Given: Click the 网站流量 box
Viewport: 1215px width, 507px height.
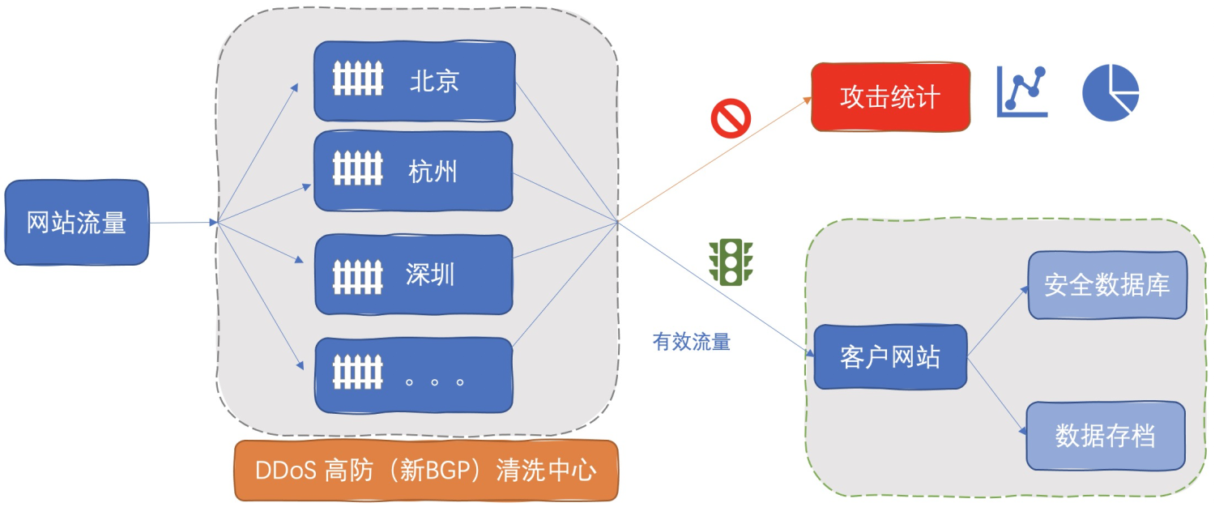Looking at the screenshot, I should (77, 222).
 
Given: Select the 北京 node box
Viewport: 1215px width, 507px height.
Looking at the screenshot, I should (414, 81).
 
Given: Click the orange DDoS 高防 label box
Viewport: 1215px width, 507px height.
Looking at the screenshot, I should (425, 471).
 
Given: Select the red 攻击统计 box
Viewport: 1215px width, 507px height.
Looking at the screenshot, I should (890, 96).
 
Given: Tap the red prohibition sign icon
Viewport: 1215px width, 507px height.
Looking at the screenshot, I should (731, 118).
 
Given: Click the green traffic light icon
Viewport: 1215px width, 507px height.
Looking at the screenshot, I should (731, 262).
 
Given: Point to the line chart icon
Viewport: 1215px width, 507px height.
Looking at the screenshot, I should (1021, 92).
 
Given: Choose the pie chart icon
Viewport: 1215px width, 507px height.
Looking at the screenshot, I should (1111, 92).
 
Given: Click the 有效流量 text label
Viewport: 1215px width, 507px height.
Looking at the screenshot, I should (691, 342).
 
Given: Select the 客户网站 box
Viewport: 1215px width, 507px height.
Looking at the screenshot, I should (890, 356).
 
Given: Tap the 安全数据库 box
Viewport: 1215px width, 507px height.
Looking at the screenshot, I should (1106, 285).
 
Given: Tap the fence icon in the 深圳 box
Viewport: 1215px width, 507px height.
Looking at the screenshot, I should (357, 275).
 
